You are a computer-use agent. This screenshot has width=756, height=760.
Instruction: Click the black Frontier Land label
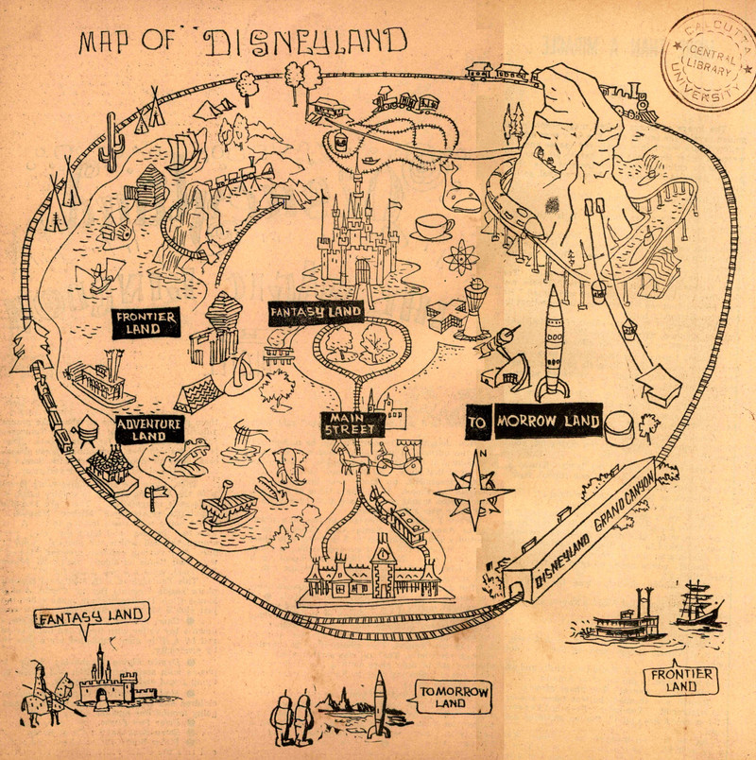click(x=145, y=323)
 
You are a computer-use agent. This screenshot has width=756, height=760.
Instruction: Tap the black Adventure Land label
click(x=149, y=430)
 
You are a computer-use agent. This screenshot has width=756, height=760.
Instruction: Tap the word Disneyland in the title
click(x=305, y=43)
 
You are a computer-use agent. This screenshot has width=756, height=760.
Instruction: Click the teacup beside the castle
click(x=433, y=226)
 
